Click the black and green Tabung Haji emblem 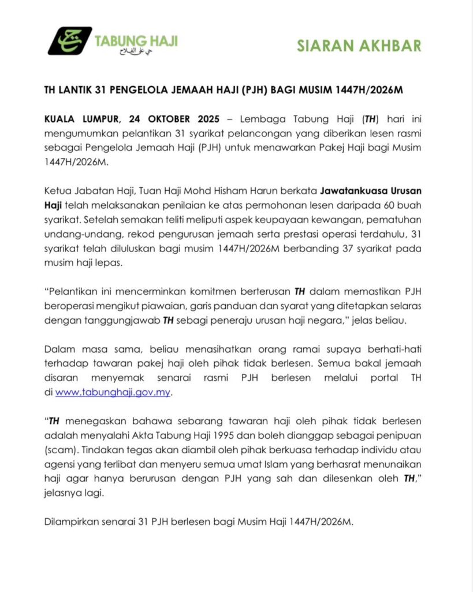69,41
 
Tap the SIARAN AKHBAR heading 359,46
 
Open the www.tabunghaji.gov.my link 114,392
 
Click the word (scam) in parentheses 60,449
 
